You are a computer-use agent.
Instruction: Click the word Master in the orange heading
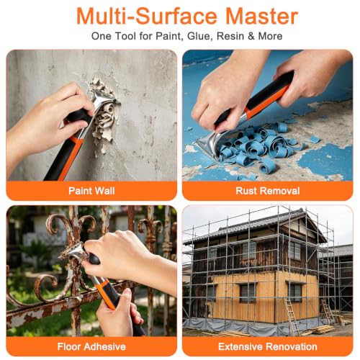(262, 17)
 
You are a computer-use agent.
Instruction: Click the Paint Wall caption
(91, 191)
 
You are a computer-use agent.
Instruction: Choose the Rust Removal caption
(268, 191)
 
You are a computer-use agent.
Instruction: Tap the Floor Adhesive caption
(91, 346)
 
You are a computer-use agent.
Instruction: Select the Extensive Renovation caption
(268, 346)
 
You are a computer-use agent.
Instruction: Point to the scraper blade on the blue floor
(210, 144)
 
